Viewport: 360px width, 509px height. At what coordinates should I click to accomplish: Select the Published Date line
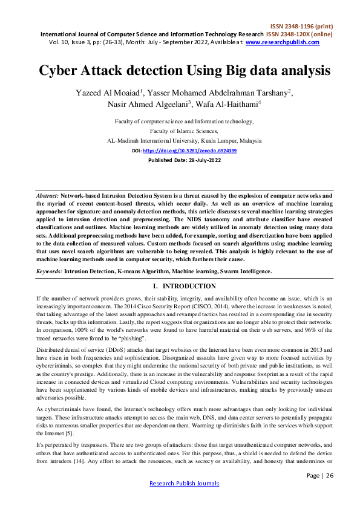180,161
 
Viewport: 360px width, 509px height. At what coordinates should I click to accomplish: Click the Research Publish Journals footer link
184,483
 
